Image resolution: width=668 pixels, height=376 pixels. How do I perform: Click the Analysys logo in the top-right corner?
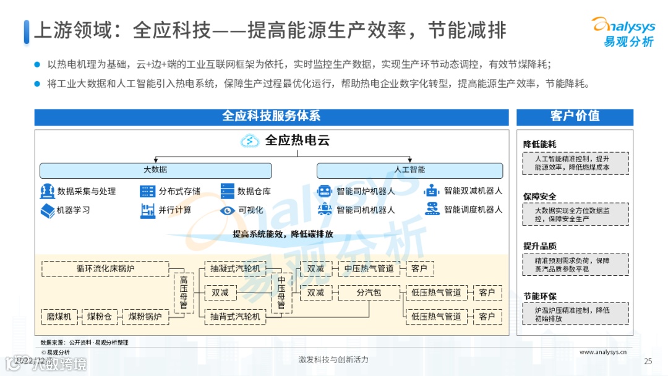[622, 30]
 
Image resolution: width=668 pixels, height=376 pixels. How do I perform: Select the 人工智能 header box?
[409, 170]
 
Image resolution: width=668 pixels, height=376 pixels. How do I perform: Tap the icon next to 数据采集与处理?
[47, 191]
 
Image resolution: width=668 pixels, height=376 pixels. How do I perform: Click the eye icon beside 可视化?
[228, 210]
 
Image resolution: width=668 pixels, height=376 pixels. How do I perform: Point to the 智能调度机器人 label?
[473, 210]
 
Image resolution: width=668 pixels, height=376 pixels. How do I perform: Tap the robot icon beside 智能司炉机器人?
[325, 191]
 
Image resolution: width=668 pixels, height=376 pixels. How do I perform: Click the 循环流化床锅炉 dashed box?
[105, 269]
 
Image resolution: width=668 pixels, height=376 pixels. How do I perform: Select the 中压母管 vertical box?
[281, 293]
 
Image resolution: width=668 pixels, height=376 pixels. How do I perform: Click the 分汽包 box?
[369, 293]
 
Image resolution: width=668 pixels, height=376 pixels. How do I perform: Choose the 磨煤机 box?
[59, 317]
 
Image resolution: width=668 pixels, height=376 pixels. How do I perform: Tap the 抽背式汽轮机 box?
[235, 317]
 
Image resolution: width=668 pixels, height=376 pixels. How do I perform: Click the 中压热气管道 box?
[369, 269]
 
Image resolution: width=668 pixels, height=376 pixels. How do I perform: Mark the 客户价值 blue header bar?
[575, 117]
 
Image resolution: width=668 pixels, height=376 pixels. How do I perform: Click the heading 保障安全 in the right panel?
[539, 197]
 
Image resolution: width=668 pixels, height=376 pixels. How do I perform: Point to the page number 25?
[648, 361]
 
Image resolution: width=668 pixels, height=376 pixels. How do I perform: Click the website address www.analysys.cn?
[603, 352]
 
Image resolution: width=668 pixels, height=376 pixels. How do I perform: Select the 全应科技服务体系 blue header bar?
[271, 117]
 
